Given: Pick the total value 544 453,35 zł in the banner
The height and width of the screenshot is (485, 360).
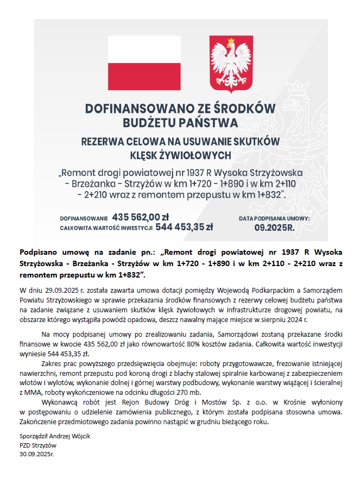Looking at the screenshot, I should pyautogui.click(x=184, y=227).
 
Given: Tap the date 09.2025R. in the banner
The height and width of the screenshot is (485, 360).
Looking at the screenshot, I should pyautogui.click(x=274, y=228).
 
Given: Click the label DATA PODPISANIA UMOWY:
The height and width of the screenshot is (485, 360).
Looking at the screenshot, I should pyautogui.click(x=274, y=218).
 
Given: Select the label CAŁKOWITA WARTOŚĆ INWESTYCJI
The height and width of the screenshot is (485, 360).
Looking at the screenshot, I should pyautogui.click(x=106, y=228).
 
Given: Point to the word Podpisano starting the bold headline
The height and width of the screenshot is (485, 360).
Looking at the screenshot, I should pyautogui.click(x=41, y=252).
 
